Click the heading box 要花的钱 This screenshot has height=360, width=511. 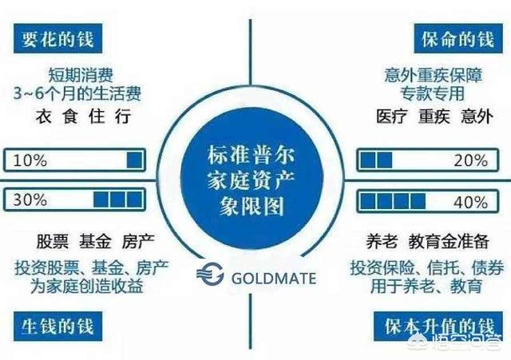point(57,38)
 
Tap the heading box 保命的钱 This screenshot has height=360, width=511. point(458,38)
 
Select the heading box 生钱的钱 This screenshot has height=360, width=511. point(57,326)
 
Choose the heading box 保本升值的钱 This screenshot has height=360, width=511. point(438,326)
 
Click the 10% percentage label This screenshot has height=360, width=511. point(30,160)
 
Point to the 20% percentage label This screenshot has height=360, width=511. point(470,160)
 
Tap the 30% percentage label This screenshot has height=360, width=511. point(30,200)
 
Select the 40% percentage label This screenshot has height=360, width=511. point(470,202)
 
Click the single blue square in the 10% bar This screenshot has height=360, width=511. point(134,160)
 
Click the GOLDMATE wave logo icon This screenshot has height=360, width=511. point(210,275)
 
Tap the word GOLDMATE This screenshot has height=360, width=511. point(273,279)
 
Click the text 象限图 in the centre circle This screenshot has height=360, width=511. point(252,206)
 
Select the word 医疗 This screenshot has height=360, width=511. point(391,117)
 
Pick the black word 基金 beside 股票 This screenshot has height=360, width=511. point(95,241)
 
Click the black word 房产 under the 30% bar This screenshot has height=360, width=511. point(138,241)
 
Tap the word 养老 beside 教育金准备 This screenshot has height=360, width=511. point(382,241)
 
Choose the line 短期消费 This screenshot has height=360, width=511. point(81,74)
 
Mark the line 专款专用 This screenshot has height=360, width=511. point(432,93)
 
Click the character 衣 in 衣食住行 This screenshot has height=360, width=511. point(43,117)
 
